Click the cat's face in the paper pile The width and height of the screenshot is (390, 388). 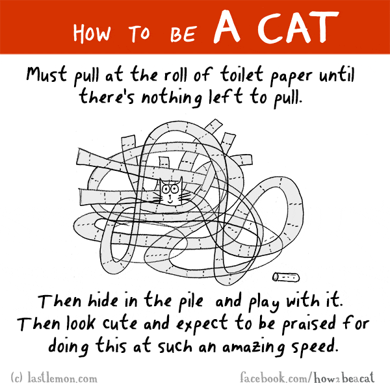pos(170,191)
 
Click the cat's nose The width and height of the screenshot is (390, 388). pos(170,193)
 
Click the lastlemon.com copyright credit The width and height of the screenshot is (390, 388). pos(54,375)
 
